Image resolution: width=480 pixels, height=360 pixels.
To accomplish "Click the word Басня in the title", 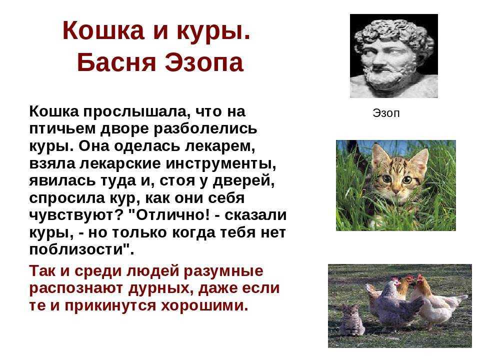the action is pos(116,62).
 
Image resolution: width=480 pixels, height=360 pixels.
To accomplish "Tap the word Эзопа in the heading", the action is pos(204,62).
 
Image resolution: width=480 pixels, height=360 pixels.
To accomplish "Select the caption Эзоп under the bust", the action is pos(386,113).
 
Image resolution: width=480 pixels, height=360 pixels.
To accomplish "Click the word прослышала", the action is pos(134,111).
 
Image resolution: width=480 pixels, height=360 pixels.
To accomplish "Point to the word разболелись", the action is pos(205,128).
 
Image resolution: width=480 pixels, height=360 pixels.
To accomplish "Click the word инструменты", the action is pos(220,164).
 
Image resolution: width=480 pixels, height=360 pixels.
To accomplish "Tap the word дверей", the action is pos(243,180).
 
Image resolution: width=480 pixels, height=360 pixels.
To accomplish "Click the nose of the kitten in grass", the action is pos(396,190).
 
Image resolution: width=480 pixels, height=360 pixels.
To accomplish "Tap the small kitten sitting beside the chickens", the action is pos(351,320).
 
